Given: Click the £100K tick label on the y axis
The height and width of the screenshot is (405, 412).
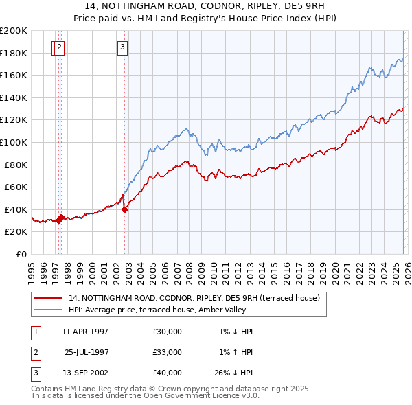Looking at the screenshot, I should [14, 142].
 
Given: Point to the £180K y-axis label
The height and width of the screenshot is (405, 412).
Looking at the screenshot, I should [14, 53].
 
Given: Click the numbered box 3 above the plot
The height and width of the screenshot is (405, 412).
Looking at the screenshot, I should [122, 47].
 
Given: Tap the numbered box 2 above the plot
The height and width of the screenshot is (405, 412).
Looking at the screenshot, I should [60, 47].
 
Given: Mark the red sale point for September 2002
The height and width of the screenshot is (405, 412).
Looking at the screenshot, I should [124, 210].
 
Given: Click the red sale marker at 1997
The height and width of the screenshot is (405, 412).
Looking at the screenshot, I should [60, 218].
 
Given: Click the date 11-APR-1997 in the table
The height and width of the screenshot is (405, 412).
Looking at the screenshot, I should [85, 332].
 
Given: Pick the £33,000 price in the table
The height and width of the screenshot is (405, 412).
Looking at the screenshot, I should [168, 352].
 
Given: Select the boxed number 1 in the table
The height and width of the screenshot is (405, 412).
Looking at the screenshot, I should [34, 332].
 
